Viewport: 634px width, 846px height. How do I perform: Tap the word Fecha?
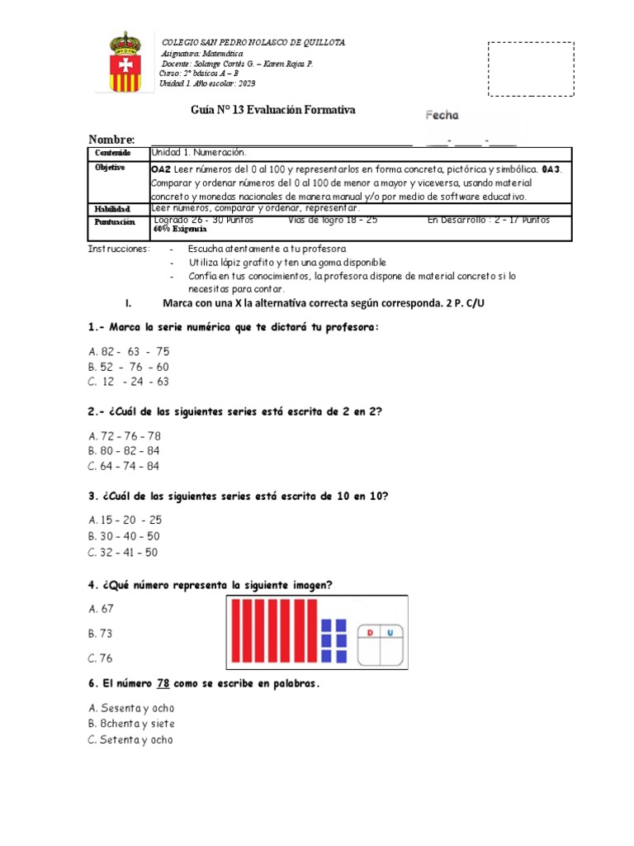click(442, 116)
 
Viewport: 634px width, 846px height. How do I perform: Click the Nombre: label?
click(111, 140)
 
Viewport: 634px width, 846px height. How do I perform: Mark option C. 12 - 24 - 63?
click(128, 381)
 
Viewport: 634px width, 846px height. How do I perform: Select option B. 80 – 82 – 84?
click(124, 451)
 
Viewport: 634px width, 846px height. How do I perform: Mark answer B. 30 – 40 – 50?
click(124, 535)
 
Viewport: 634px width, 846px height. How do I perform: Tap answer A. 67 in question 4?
click(101, 609)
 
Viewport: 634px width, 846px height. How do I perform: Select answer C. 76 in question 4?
click(101, 658)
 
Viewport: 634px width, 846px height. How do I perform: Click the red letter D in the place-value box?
click(370, 633)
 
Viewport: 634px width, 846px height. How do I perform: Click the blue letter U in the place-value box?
click(390, 633)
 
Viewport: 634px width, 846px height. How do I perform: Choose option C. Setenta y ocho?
click(130, 740)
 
